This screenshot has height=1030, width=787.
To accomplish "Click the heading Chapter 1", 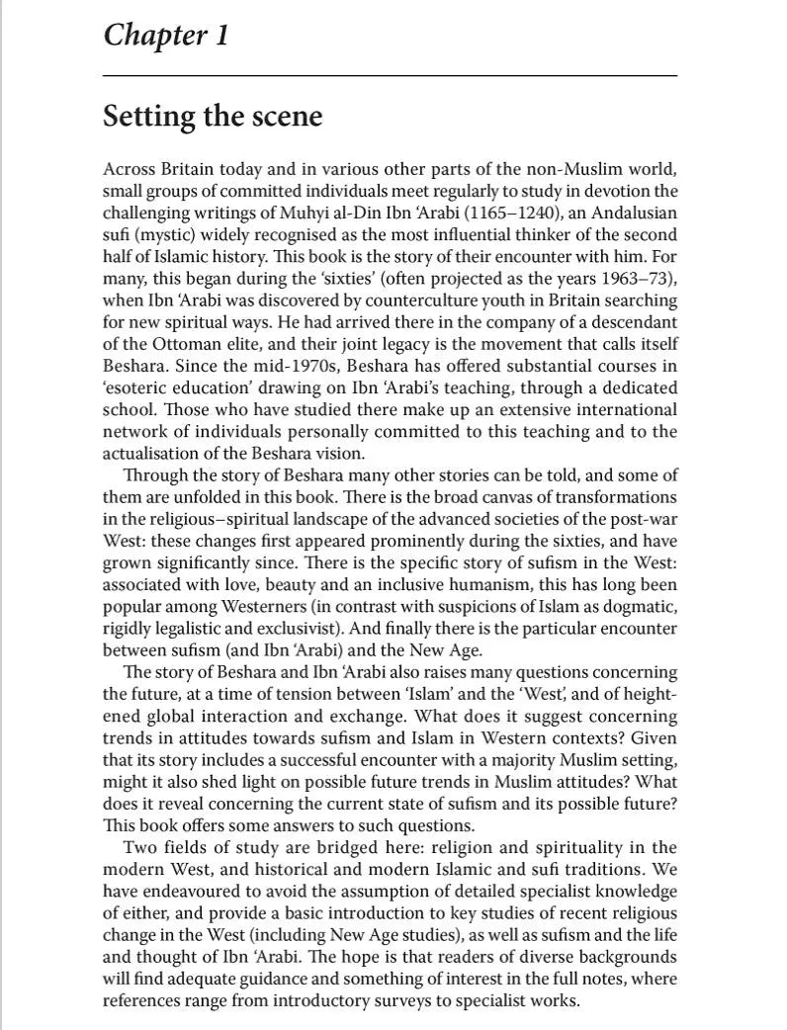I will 166,37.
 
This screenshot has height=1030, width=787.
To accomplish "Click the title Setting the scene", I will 213,117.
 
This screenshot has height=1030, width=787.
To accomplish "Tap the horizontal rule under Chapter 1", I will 390,76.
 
